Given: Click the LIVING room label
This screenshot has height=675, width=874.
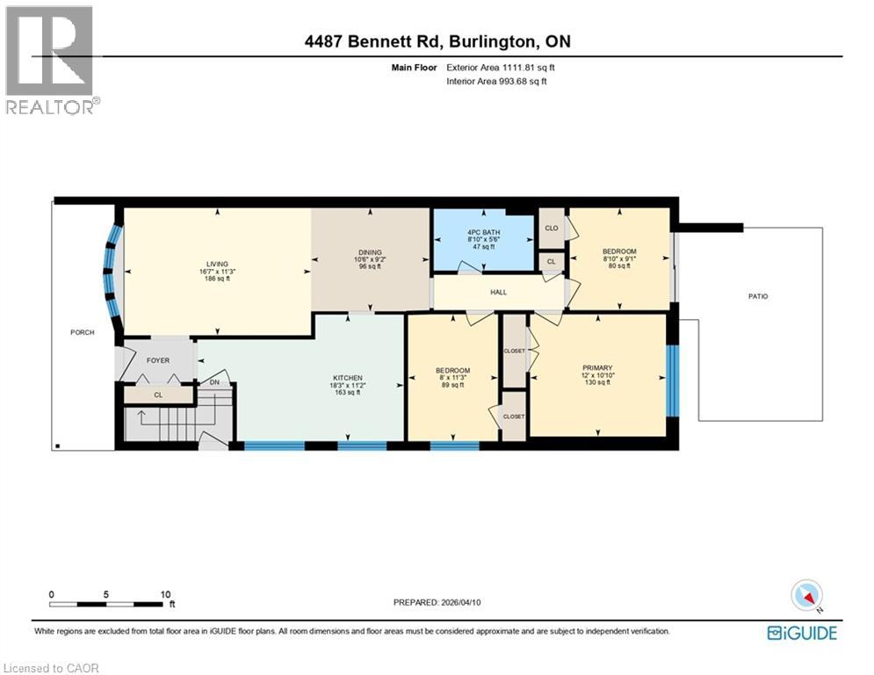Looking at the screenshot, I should [x=217, y=264].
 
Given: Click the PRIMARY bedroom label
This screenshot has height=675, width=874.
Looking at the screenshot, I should [x=596, y=368].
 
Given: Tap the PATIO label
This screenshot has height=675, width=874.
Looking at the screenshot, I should [x=757, y=296].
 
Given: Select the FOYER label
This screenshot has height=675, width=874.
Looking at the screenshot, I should [x=158, y=359].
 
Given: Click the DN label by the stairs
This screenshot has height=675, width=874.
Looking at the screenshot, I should [x=214, y=382].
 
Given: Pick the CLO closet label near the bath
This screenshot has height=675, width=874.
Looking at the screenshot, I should [x=552, y=228].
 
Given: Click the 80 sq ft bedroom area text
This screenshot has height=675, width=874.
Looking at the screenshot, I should [x=619, y=265].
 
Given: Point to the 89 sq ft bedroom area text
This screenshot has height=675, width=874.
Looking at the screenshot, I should [x=453, y=384].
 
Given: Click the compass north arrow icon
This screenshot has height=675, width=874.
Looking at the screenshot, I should [x=806, y=596].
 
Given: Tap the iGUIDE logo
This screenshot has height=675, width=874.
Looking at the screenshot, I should [x=801, y=633].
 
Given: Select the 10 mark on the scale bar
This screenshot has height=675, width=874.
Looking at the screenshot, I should [x=165, y=594].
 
